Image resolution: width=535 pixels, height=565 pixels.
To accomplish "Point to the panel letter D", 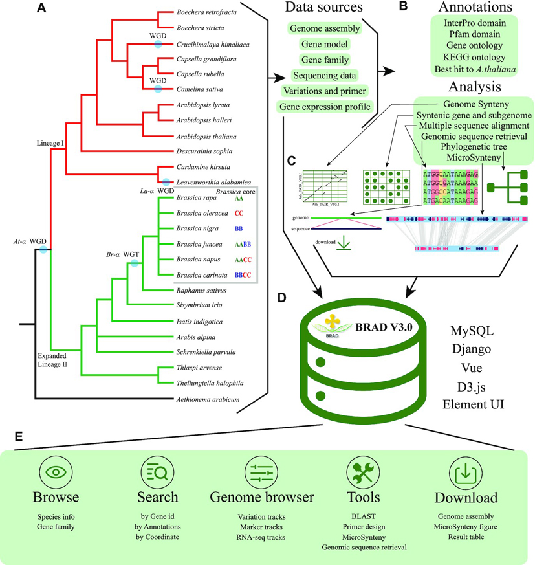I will coord(282,298).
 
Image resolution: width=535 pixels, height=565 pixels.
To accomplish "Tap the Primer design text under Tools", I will coord(364,527).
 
